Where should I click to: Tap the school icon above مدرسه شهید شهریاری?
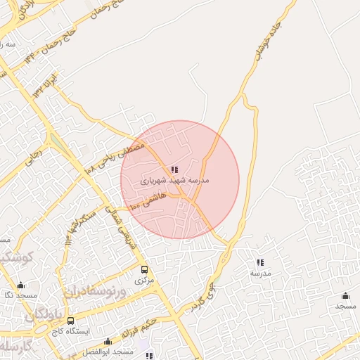coord(174,169)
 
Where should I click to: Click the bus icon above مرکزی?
coord(144,269)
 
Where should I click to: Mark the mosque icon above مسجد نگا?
coord(20,285)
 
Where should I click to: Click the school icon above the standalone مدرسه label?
coord(260,262)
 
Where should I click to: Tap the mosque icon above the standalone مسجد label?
coord(345,296)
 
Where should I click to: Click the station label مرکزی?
coord(144,280)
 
